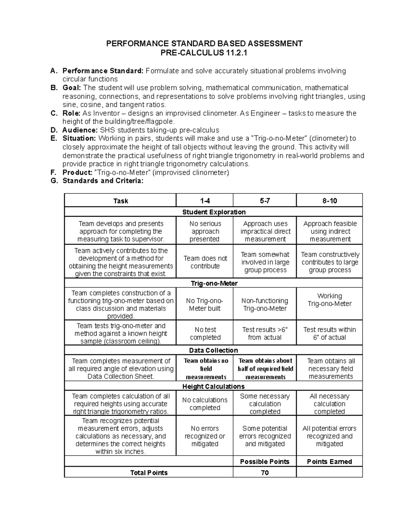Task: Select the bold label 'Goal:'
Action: coord(72,88)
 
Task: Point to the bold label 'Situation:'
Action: coord(79,139)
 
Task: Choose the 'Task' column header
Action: coord(120,201)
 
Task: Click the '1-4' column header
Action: coord(205,201)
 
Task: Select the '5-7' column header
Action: coord(265,201)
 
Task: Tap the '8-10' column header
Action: coord(330,201)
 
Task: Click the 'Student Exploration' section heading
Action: coord(214,212)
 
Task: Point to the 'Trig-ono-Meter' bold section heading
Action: coord(214,283)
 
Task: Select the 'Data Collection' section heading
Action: coord(214,350)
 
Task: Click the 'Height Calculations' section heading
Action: coord(214,386)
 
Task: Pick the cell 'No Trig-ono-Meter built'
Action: coord(205,304)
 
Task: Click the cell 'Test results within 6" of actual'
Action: coord(330,333)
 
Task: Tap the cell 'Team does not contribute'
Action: coord(205,262)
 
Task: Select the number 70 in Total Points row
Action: coord(265,473)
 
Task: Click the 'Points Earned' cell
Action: coord(330,462)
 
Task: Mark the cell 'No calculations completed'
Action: coord(205,404)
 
